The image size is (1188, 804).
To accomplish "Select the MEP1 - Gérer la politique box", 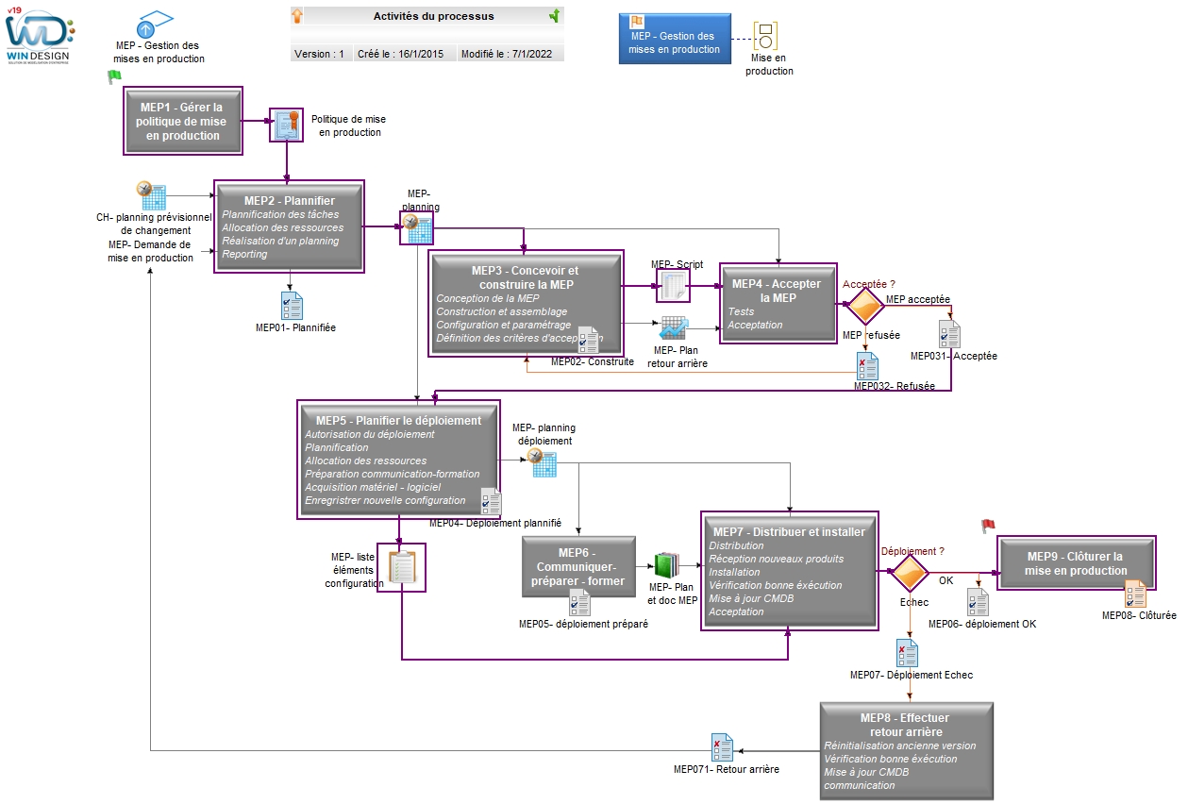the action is tap(183, 121).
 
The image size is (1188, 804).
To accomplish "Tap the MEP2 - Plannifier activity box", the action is tap(289, 226).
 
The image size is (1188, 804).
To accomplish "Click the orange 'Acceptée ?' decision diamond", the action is tap(865, 306).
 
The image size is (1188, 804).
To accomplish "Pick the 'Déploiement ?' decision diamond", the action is tap(910, 572).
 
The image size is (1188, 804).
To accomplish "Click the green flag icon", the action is tap(114, 76).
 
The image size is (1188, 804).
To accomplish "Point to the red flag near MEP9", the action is tap(988, 526).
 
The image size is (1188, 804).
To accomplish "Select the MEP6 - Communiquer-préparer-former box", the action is tap(578, 566).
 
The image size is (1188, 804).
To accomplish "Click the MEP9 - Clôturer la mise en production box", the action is tap(1076, 562).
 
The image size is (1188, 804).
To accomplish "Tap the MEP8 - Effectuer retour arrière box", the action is tap(907, 750).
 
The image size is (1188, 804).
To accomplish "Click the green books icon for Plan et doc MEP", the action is tap(667, 565).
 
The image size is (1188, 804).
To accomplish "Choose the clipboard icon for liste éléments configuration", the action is tap(401, 567).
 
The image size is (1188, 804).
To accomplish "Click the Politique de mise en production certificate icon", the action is tap(287, 126).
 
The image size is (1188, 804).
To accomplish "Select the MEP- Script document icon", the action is tap(673, 286).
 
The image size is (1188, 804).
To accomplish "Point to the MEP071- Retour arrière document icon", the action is tap(722, 747).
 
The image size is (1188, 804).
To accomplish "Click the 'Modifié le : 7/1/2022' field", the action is tap(507, 54).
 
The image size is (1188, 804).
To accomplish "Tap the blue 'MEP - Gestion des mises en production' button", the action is tap(675, 39).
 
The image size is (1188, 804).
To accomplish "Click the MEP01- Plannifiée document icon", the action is tap(292, 306).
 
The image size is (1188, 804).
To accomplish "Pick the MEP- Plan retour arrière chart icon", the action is tap(674, 328).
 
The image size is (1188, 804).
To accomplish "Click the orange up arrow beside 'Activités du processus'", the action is tap(297, 15).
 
